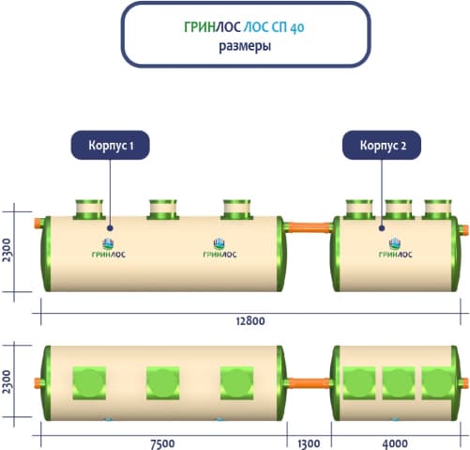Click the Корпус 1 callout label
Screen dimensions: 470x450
pos(111,146)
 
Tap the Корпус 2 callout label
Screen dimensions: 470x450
pos(382,146)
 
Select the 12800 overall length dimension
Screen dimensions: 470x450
pos(250,321)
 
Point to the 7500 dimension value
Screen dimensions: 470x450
pos(162,444)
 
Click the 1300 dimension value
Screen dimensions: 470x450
pos(309,444)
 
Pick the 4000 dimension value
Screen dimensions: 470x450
pos(395,444)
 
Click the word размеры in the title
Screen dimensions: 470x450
pos(245,46)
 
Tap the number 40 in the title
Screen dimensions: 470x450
pos(296,27)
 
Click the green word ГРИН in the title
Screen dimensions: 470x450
pos(200,27)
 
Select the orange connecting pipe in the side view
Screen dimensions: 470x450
pos(309,227)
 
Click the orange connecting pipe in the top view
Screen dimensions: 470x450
pos(309,383)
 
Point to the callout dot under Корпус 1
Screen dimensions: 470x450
pos(110,228)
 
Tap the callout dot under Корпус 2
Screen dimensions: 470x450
pos(382,228)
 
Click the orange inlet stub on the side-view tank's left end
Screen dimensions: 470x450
pos(38,224)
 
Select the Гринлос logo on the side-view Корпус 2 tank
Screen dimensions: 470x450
pos(395,248)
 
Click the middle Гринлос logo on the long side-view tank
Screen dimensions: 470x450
pos(220,248)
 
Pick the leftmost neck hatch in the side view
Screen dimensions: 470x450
pos(89,209)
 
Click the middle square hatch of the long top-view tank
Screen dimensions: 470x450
pos(163,383)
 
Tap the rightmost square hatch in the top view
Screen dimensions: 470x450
pos(438,383)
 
